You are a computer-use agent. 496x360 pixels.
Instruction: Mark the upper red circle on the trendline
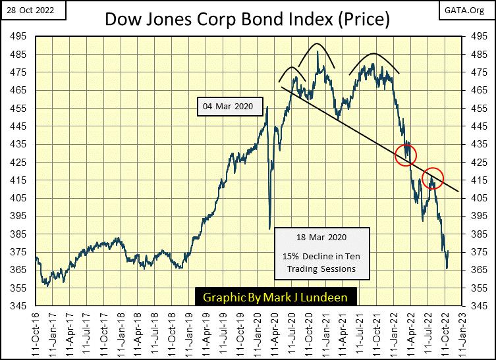406,155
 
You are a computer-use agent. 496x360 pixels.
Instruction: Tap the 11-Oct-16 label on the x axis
37,332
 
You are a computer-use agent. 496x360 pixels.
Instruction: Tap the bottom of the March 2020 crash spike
270,228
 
